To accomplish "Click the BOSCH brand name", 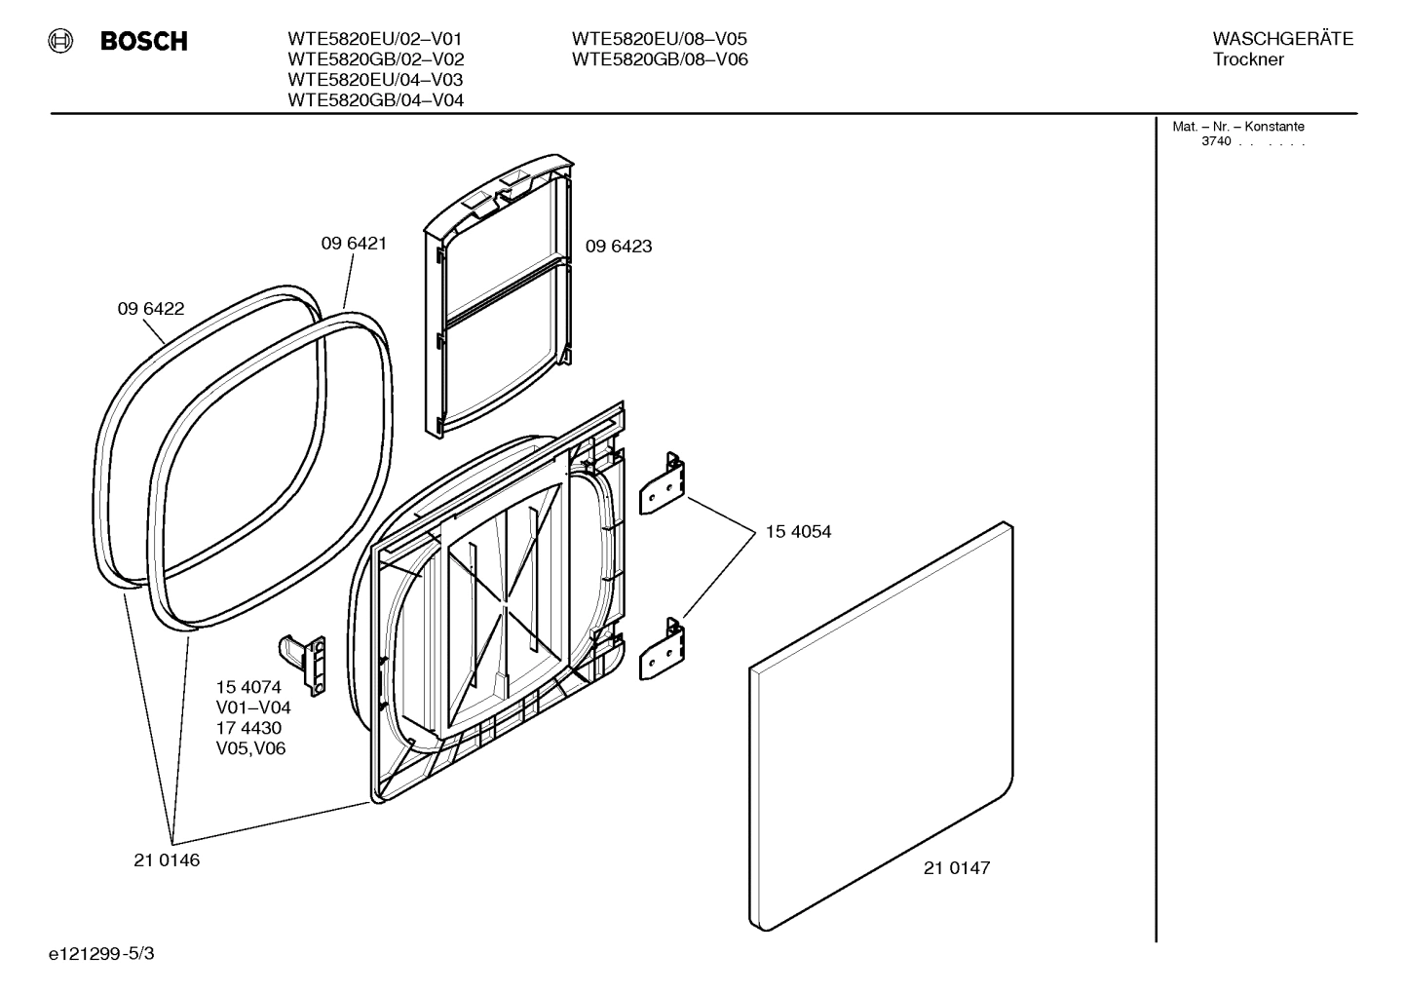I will tap(143, 41).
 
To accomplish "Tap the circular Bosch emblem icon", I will tap(61, 41).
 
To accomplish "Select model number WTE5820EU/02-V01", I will tap(374, 39).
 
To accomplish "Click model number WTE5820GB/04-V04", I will tap(375, 100).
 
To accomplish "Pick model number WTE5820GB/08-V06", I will tap(660, 59).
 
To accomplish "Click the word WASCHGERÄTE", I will tap(1282, 39).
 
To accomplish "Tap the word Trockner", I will tap(1248, 59).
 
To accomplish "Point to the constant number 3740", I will tap(1216, 141).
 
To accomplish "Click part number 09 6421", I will tap(354, 244).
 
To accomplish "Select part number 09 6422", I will tap(151, 309).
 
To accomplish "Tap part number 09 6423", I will tap(619, 247).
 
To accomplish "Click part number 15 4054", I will tap(798, 532).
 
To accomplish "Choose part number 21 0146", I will tap(167, 860).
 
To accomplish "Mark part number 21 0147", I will tap(957, 868).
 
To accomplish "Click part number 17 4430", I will tap(248, 728).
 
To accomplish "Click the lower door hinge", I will tap(663, 650).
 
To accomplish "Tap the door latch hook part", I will tap(304, 663).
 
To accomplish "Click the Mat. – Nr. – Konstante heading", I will tap(1237, 127).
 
